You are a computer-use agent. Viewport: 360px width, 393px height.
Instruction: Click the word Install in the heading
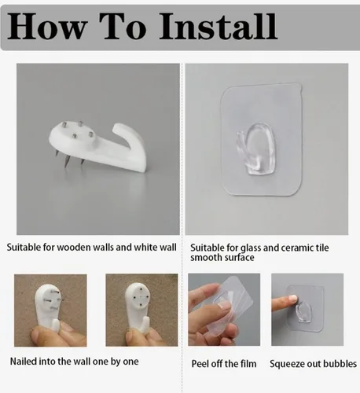(218, 26)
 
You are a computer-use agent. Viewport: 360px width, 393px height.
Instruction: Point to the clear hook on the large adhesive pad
(257, 149)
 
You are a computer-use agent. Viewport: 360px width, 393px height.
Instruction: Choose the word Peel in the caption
(200, 364)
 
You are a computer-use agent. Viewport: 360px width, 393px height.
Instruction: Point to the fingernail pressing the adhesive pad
(293, 298)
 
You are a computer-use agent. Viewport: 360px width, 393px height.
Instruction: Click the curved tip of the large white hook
(117, 127)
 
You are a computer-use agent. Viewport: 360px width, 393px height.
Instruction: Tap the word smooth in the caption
(206, 258)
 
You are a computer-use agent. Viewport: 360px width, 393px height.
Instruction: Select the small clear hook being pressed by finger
(304, 311)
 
